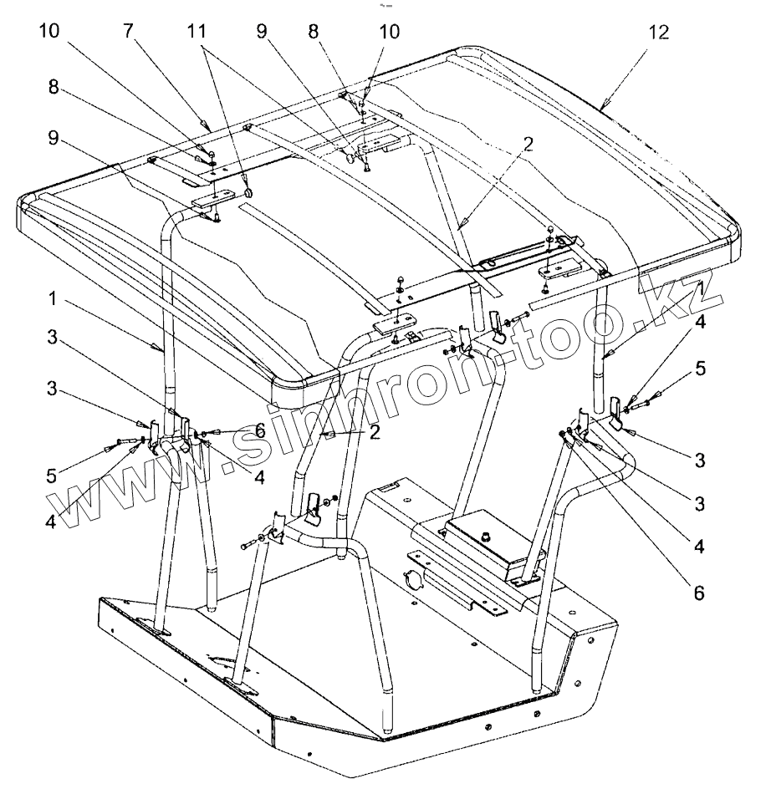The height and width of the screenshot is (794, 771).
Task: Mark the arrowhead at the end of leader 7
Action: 203,125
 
